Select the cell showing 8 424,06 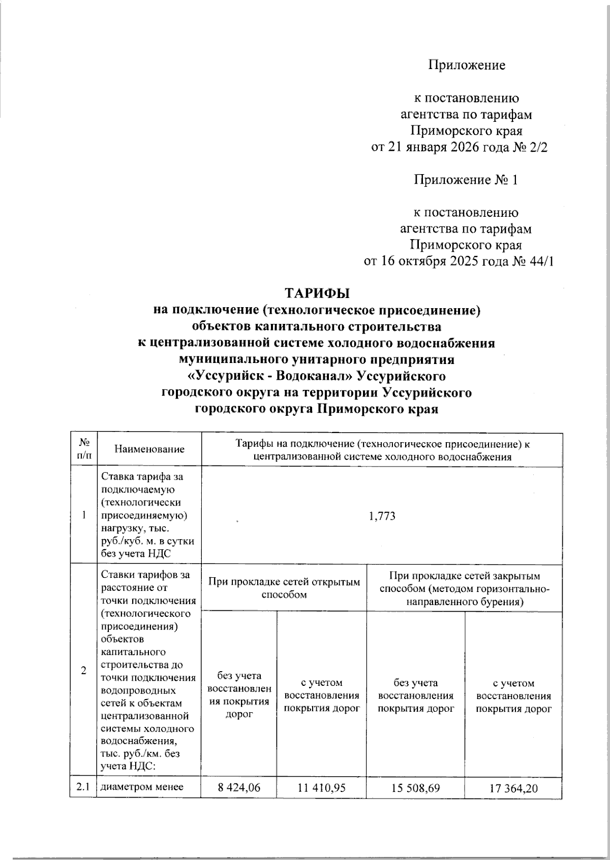click(239, 803)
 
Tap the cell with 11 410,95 click(321, 803)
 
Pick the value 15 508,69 click(415, 803)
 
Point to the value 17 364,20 click(513, 803)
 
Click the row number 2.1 click(83, 802)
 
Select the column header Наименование click(149, 449)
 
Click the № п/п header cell click(83, 449)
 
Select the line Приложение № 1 click(466, 180)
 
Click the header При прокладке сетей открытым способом click(284, 588)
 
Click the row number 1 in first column click(83, 516)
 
